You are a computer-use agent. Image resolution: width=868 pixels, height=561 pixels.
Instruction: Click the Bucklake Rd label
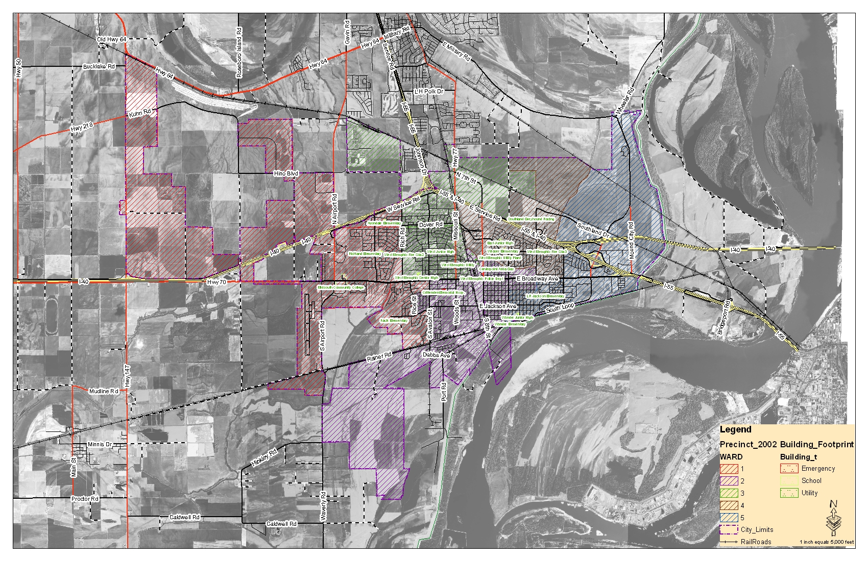tap(99, 67)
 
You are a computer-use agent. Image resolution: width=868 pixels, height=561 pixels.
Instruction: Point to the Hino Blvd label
tap(286, 173)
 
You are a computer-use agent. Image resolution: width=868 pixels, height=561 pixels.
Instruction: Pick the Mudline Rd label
tap(103, 392)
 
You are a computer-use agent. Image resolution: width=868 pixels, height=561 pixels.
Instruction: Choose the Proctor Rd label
tap(85, 499)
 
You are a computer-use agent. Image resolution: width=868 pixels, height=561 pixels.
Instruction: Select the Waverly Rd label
tap(323, 506)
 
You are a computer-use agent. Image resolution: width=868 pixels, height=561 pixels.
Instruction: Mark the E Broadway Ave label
tap(537, 279)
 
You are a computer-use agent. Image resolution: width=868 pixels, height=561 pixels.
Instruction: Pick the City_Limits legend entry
tap(747, 529)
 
